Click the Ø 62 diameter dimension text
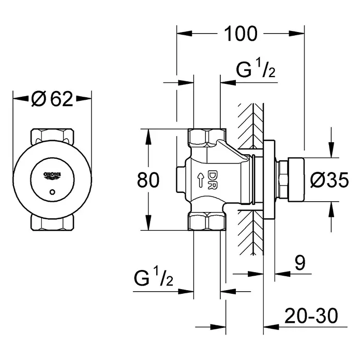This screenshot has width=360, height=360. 52,98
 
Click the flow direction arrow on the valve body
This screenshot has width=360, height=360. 200,179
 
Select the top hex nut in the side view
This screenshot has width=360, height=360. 206,137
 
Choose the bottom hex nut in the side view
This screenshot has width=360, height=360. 206,221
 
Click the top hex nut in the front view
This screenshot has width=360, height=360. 52,136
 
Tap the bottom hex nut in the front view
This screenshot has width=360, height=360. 52,222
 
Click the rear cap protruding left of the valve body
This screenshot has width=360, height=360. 180,179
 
